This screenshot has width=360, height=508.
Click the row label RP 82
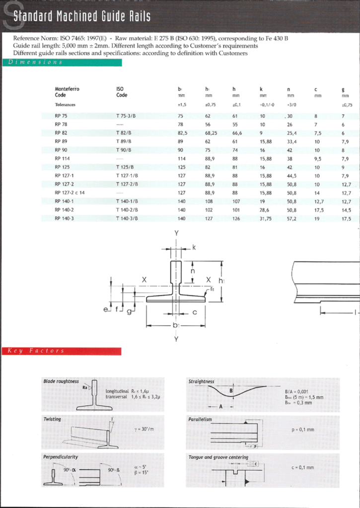(x=61, y=133)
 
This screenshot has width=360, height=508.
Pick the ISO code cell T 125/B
(x=125, y=167)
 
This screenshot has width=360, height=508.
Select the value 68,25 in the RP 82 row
(x=211, y=133)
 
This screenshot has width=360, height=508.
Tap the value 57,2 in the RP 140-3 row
(x=291, y=218)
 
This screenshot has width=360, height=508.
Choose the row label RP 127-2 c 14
(x=70, y=192)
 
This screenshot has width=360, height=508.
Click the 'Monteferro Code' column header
(x=67, y=92)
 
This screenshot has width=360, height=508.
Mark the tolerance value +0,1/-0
(x=267, y=105)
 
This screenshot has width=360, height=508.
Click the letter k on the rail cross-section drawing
(x=194, y=246)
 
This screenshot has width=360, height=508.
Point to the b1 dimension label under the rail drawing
(x=176, y=326)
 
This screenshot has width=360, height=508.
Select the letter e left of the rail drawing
(x=105, y=310)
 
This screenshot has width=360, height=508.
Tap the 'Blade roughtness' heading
(x=61, y=381)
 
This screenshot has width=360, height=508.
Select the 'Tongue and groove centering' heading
(x=218, y=457)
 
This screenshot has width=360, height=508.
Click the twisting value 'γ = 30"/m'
(x=144, y=429)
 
